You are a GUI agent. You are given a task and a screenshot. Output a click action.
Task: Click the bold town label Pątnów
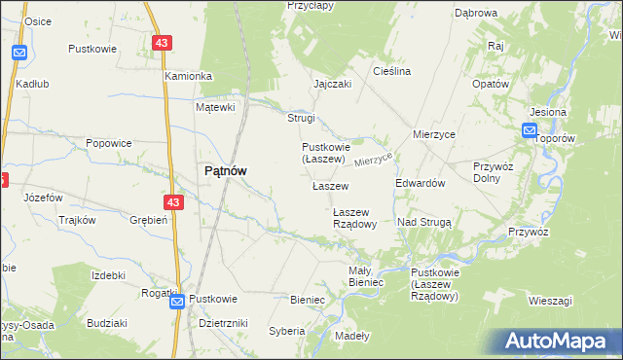click(x=224, y=170)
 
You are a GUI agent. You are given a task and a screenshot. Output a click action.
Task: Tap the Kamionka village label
click(x=188, y=76)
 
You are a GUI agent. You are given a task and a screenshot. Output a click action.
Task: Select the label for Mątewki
click(x=216, y=107)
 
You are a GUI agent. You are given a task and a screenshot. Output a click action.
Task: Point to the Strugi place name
click(x=301, y=119)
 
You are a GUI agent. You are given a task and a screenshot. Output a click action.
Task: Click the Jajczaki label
click(x=332, y=84)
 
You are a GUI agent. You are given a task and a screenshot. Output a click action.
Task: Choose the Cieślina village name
click(x=392, y=71)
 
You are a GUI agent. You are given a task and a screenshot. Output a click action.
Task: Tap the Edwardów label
click(x=420, y=183)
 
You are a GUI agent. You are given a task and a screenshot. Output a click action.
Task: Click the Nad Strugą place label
click(x=424, y=223)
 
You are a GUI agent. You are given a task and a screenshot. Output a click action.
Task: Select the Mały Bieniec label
click(x=366, y=276)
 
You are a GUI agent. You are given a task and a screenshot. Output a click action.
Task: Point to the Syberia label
click(x=287, y=331)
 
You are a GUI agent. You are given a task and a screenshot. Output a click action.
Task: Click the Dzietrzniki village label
click(x=223, y=322)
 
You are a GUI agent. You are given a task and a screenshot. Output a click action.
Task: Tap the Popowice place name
click(x=108, y=143)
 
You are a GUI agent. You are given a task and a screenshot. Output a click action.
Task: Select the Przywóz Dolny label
click(x=493, y=172)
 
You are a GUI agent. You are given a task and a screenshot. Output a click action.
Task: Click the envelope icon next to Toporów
click(x=530, y=131)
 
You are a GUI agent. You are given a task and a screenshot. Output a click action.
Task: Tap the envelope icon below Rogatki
click(x=177, y=302)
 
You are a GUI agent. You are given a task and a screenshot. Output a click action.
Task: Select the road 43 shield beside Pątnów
click(x=173, y=202)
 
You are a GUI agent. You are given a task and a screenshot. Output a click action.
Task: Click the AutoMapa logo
click(x=558, y=342)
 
